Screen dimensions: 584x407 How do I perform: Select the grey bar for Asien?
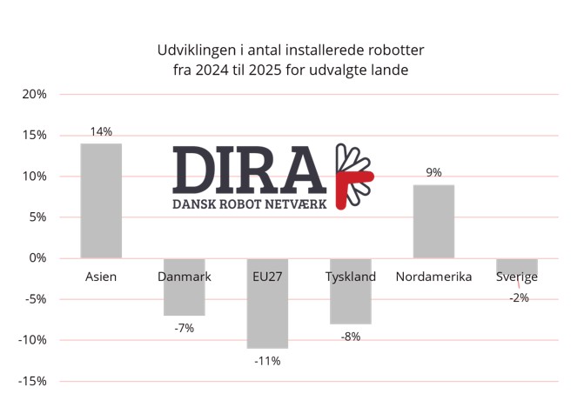pos(101,201)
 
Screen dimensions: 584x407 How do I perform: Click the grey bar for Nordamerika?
pos(433,222)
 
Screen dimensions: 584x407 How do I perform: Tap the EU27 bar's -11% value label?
pos(267,361)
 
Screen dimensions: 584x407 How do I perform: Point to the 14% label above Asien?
pos(101,131)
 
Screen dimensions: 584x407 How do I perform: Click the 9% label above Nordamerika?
pos(434,172)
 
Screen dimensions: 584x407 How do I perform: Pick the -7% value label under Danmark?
pos(184,328)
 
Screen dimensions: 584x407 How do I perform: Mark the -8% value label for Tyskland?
pos(351,337)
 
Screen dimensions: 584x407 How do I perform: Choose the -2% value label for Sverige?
pos(520,297)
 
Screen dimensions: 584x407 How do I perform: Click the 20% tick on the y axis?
pos(34,94)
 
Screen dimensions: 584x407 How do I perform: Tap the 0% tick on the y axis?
pos(37,257)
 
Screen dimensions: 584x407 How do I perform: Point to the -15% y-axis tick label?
pos(32,381)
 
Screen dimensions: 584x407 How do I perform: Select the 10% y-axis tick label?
pos(34,176)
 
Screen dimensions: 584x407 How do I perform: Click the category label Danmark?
pos(184,277)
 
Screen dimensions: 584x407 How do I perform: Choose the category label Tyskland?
pos(351,277)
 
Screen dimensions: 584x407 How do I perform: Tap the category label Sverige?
pos(517,277)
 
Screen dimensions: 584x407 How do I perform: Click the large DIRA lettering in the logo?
pos(249,170)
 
